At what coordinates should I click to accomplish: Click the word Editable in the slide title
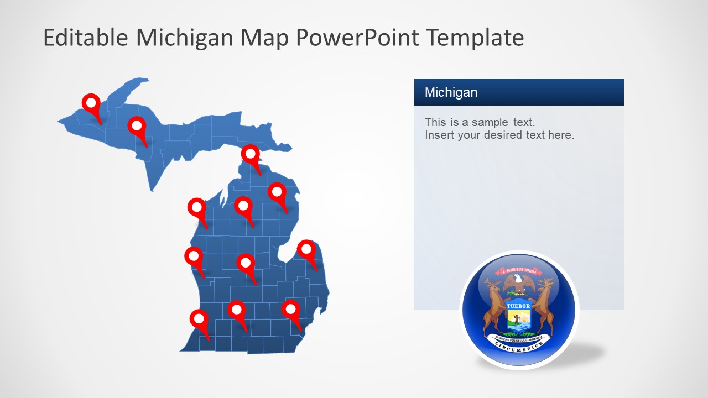click(x=86, y=38)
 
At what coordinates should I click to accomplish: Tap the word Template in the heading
click(x=476, y=38)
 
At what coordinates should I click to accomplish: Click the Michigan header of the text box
click(x=451, y=92)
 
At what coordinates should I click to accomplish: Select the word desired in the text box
click(x=514, y=135)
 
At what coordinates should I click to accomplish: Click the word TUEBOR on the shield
click(x=518, y=306)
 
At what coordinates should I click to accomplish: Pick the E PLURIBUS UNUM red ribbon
click(x=518, y=271)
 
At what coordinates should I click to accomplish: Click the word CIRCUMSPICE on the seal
click(x=518, y=345)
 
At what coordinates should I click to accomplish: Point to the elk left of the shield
click(x=493, y=307)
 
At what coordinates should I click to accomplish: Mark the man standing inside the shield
click(x=517, y=319)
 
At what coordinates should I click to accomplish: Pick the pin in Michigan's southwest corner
click(x=199, y=319)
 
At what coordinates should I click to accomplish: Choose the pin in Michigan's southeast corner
click(x=290, y=309)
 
